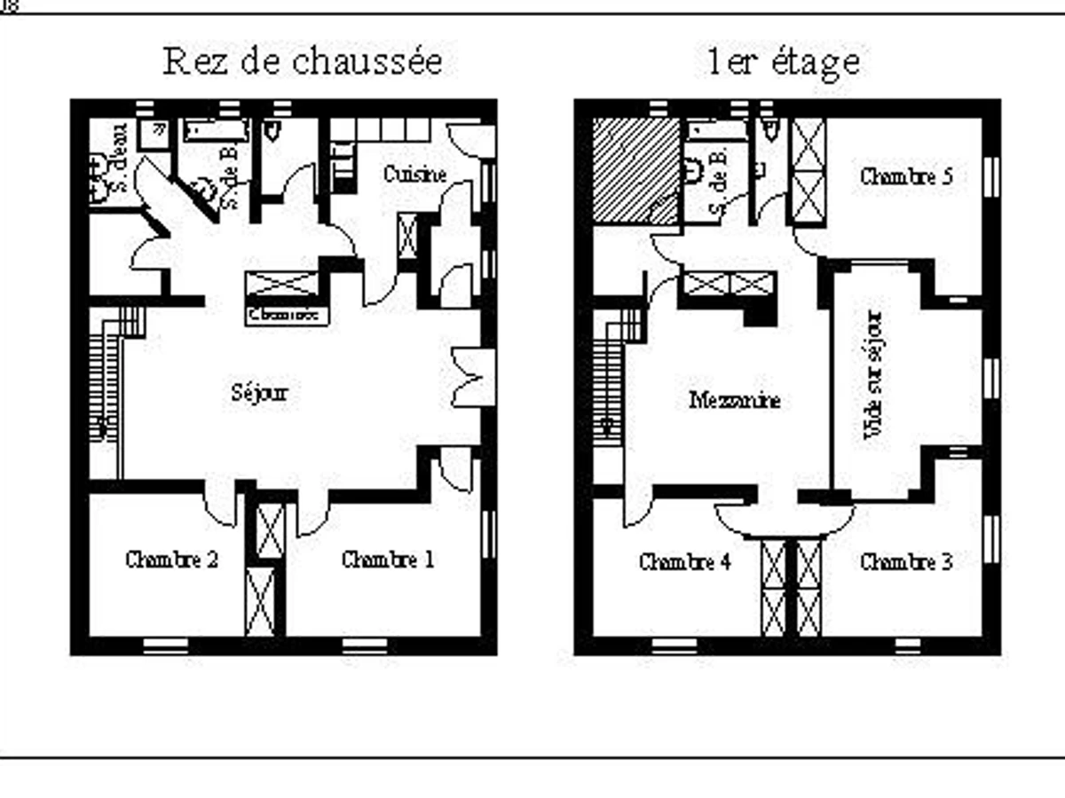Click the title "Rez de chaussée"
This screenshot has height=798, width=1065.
pyautogui.click(x=303, y=63)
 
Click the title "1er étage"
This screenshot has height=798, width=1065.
pyautogui.click(x=783, y=63)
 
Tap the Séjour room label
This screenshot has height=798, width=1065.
pyautogui.click(x=259, y=393)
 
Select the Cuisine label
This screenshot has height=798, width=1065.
pyautogui.click(x=414, y=175)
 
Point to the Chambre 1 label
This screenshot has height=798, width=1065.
pyautogui.click(x=388, y=560)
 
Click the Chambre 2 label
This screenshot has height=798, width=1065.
pyautogui.click(x=171, y=560)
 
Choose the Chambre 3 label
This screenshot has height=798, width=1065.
pyautogui.click(x=906, y=562)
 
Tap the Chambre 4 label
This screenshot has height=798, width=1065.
pyautogui.click(x=684, y=562)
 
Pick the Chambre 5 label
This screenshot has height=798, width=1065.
pyautogui.click(x=906, y=176)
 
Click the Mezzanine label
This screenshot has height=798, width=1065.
pyautogui.click(x=735, y=401)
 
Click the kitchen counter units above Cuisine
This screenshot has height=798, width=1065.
pyautogui.click(x=382, y=129)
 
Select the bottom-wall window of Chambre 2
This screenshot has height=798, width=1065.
pyautogui.click(x=165, y=645)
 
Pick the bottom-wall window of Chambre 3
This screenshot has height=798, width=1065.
pyautogui.click(x=907, y=645)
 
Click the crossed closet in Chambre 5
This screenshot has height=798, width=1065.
pyautogui.click(x=808, y=172)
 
